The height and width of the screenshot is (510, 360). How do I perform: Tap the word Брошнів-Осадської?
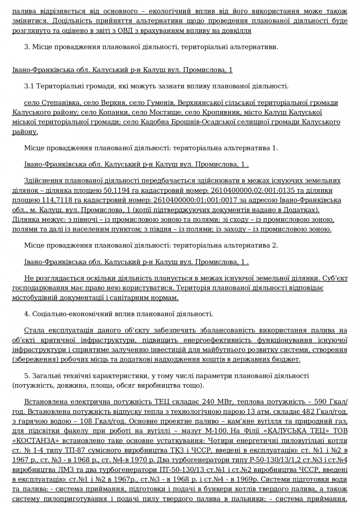tap(208, 122)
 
